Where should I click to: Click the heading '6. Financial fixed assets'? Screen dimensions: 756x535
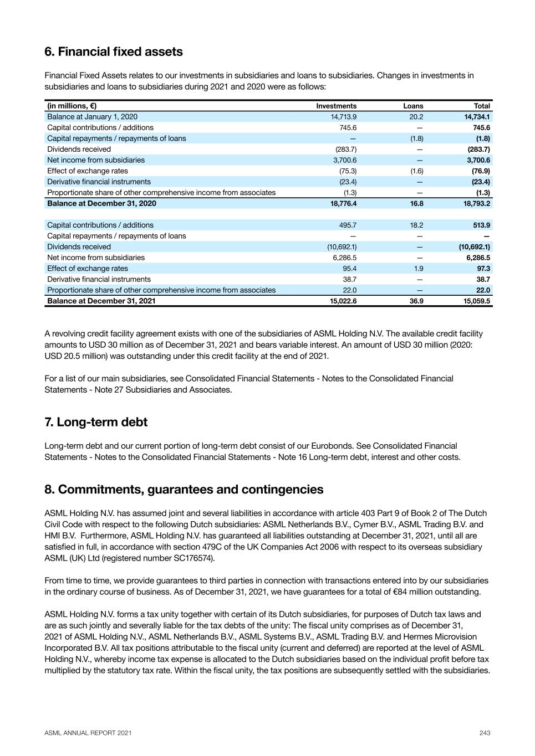[x=114, y=52]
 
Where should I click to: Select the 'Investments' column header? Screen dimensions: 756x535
[x=336, y=106]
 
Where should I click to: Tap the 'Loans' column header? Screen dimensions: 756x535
[x=413, y=106]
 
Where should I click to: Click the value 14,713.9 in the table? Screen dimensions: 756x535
[x=344, y=117]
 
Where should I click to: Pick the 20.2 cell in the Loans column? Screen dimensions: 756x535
[x=416, y=117]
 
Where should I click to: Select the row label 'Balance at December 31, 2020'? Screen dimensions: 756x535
[x=101, y=203]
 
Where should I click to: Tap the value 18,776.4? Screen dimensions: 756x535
[x=343, y=203]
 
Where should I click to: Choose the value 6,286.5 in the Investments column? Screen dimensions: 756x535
[x=344, y=258]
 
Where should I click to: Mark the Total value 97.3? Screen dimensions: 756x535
[x=483, y=268]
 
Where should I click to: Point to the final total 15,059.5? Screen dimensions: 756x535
[x=477, y=301]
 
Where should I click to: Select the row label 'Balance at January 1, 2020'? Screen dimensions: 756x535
[x=92, y=117]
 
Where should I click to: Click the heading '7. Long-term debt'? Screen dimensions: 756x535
[x=96, y=422]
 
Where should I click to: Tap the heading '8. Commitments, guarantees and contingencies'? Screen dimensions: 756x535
[x=184, y=490]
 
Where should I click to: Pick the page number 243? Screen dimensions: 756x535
[x=485, y=733]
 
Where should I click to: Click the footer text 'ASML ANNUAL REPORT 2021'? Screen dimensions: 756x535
[x=88, y=733]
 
